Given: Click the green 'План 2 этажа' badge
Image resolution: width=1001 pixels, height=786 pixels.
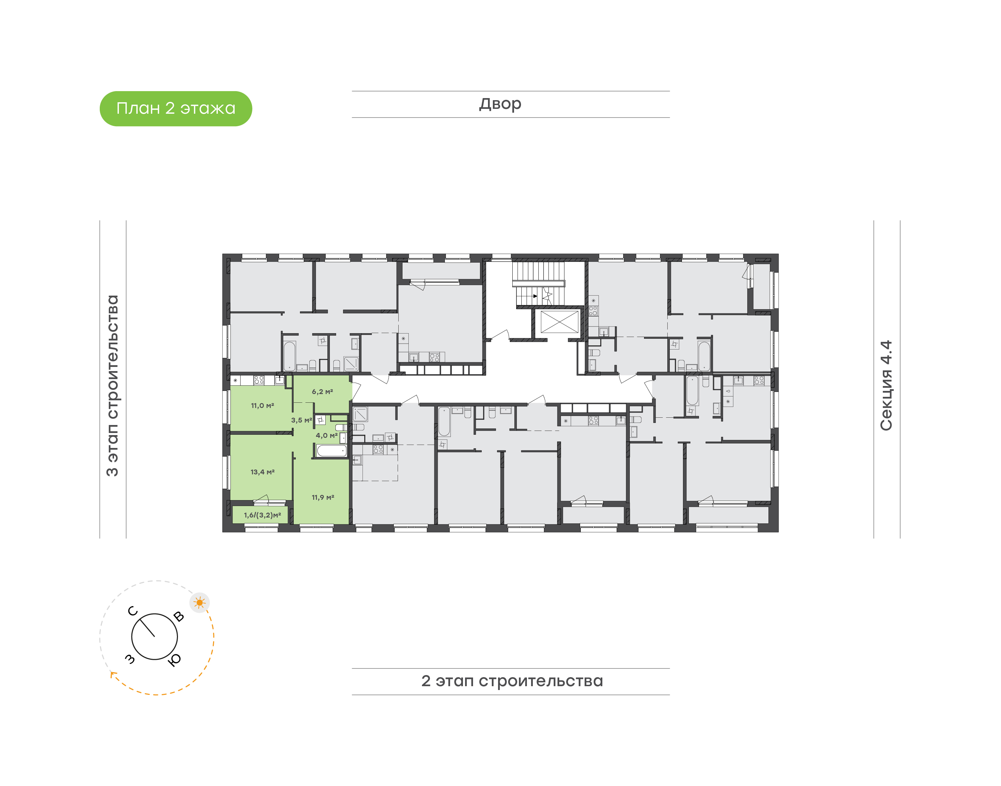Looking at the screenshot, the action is tap(176, 109).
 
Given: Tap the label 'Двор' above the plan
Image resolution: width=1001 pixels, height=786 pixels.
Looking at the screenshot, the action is tap(500, 104).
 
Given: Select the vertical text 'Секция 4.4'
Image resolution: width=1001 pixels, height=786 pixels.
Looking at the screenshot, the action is tap(886, 386).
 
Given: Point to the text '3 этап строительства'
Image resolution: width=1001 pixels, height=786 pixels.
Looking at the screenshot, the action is tap(112, 386).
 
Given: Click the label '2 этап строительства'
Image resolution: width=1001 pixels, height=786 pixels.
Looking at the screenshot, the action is tap(512, 681).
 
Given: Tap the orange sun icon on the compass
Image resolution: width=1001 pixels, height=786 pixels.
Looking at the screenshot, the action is tap(200, 602).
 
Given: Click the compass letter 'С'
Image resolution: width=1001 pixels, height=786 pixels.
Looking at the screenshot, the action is tap(132, 611).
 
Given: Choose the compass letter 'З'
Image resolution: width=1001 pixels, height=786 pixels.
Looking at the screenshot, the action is tap(130, 659).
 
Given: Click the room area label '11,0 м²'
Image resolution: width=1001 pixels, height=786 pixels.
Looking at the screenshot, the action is tap(262, 406).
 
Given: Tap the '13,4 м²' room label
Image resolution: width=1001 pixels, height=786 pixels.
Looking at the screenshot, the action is tap(262, 472).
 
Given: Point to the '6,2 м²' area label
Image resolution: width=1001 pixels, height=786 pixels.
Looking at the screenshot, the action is tap(322, 392).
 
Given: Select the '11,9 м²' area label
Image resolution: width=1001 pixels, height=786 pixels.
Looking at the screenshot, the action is tap(323, 497).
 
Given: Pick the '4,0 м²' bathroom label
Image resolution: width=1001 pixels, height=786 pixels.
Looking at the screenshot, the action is tap(326, 435).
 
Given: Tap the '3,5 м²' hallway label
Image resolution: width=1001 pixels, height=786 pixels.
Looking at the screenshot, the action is tap(301, 420).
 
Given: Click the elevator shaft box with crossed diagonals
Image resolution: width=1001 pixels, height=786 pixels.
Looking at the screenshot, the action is tap(559, 321).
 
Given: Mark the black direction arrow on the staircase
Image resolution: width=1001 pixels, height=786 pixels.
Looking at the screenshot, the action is tap(535, 296).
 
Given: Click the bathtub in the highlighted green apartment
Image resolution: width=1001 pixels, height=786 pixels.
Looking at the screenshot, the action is tap(332, 450).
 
